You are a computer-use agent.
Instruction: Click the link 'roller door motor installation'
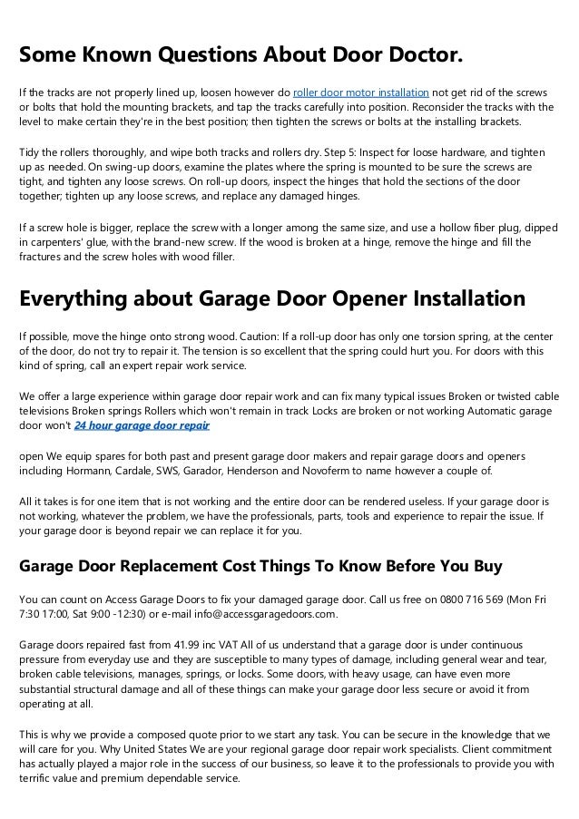[361, 92]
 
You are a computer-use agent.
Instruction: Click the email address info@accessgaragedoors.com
[251, 612]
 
